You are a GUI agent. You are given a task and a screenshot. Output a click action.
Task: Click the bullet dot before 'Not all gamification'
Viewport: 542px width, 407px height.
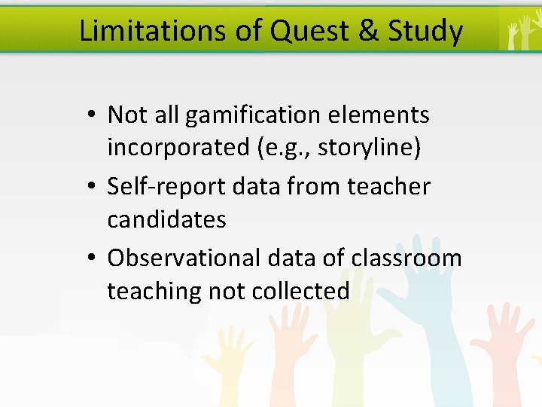point(90,115)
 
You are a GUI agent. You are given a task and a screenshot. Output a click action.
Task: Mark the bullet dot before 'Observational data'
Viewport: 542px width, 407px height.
point(90,258)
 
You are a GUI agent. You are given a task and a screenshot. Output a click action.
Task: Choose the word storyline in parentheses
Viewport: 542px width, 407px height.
point(367,148)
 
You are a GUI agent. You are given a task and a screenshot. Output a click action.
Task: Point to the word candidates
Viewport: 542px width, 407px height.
point(166,219)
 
